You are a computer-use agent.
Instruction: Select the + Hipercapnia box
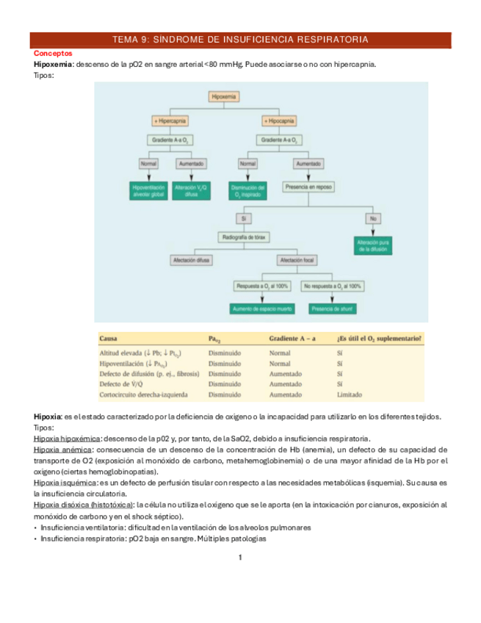(170, 120)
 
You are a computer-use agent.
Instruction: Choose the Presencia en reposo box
(308, 187)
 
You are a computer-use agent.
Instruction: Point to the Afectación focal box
(296, 260)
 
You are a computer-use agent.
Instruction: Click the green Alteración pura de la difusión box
(374, 245)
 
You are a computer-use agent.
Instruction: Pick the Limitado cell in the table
(349, 393)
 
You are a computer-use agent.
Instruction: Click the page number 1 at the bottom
(240, 558)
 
